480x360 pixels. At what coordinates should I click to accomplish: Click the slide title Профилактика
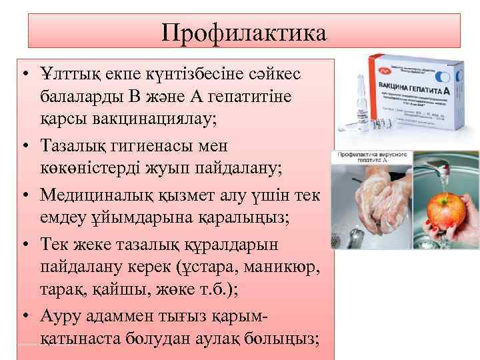(244, 31)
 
